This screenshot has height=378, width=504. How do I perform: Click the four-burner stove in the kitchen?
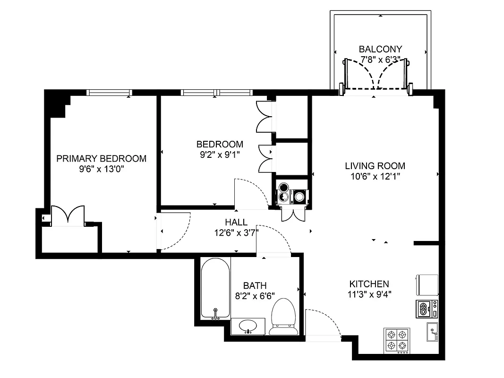[396, 340]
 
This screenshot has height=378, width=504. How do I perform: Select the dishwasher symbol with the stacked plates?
[427, 309]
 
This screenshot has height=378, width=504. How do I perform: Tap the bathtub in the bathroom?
[215, 289]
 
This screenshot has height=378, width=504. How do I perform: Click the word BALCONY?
[380, 49]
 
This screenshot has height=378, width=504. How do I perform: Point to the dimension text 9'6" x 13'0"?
[102, 169]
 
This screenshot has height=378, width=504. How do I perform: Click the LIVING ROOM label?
[375, 166]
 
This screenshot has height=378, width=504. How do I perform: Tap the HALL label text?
[236, 222]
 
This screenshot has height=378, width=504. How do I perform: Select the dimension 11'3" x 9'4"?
[369, 294]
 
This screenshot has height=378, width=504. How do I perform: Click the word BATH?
[255, 286]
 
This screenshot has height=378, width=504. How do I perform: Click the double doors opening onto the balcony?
[376, 75]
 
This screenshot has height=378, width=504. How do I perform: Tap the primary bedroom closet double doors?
[68, 215]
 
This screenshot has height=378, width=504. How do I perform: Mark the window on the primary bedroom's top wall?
[108, 92]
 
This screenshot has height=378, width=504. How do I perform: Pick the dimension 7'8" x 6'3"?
[380, 60]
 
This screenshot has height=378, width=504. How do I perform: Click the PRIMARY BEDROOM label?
[101, 159]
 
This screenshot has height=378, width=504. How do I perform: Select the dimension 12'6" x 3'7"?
[236, 232]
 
